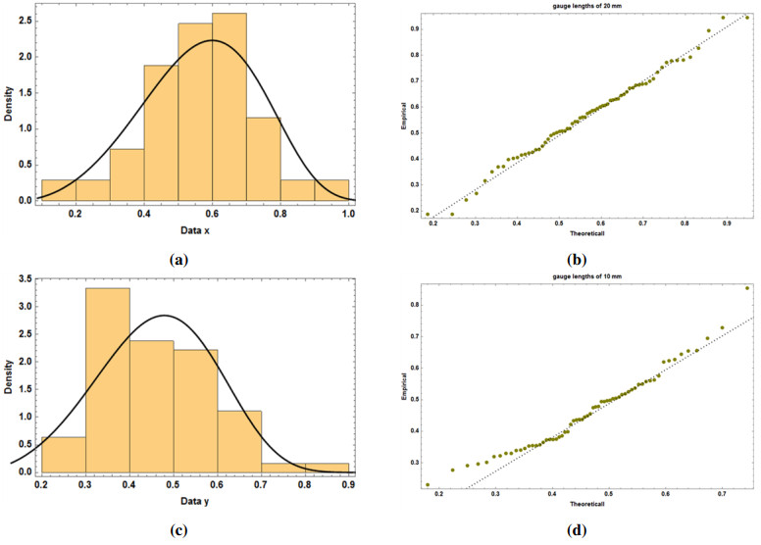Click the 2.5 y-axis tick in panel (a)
coord(25,20)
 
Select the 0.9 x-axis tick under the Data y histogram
coord(349,487)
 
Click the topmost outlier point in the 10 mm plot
coord(747,288)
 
